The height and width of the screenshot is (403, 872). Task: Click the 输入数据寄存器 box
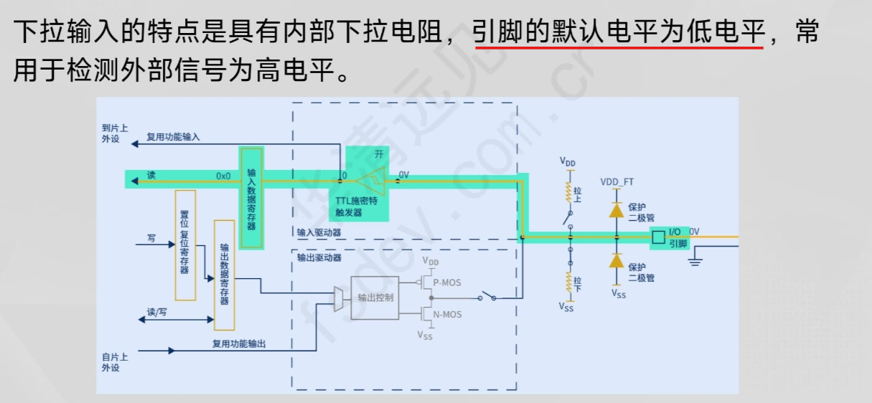click(252, 197)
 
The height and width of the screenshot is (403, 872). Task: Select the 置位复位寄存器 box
click(185, 245)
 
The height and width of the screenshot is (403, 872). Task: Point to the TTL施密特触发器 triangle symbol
click(373, 181)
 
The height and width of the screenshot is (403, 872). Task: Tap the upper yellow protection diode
click(616, 211)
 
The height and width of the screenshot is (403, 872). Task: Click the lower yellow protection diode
click(616, 260)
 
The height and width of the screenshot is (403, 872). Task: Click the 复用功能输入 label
click(173, 136)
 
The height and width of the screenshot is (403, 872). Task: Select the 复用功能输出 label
click(239, 344)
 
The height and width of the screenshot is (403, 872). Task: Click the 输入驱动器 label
click(319, 232)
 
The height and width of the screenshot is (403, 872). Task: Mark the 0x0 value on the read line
click(223, 176)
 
